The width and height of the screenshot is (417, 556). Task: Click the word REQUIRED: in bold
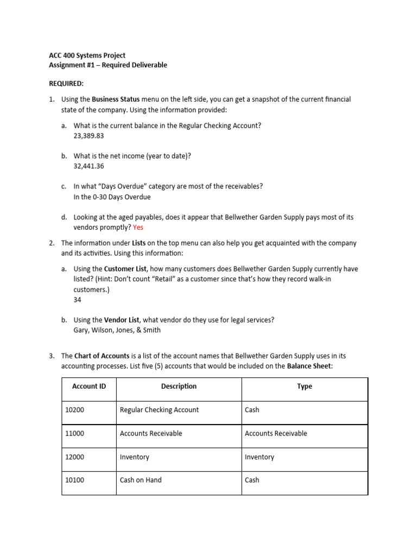pos(66,84)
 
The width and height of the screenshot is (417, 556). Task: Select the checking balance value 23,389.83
pos(88,136)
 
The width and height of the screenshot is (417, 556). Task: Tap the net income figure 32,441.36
pos(89,166)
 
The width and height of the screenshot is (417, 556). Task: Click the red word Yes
pos(138,228)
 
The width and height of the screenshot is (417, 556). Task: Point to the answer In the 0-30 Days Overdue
pos(112,197)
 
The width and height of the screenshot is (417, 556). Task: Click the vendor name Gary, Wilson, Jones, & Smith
pos(117,330)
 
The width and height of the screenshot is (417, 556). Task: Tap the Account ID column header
pos(89,387)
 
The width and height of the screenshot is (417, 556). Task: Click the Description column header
pos(179,387)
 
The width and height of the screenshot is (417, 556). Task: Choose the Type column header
pos(305,387)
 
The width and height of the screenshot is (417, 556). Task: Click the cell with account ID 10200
pos(74,410)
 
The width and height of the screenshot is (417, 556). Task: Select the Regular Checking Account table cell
pos(159,410)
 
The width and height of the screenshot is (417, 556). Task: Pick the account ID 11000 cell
pos(74,433)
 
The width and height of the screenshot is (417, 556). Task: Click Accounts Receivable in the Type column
pos(276,433)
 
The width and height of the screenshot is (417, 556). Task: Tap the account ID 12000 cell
pos(74,457)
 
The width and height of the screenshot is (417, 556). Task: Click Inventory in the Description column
pos(134,457)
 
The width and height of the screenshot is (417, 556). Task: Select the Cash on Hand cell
pos(141,480)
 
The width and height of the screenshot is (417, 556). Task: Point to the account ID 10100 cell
pos(74,480)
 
